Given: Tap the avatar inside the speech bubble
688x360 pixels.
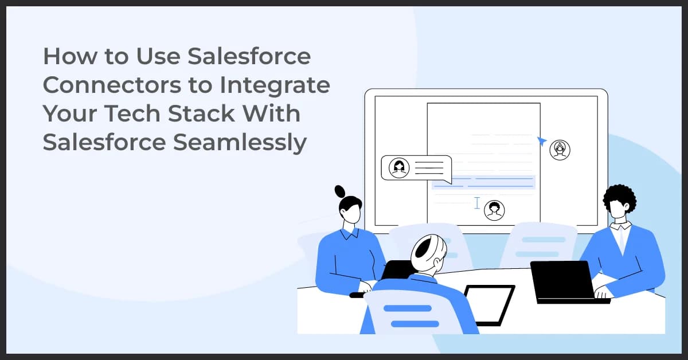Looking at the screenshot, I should [x=398, y=167].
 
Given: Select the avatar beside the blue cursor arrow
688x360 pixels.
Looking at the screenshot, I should [x=560, y=150].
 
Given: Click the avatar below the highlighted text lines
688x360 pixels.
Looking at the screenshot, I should [x=494, y=210].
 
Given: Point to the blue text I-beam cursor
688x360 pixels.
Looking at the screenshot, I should [x=477, y=202].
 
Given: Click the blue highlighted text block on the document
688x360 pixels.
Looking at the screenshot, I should [x=483, y=182].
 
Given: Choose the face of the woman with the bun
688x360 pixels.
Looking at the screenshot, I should [x=350, y=215].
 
